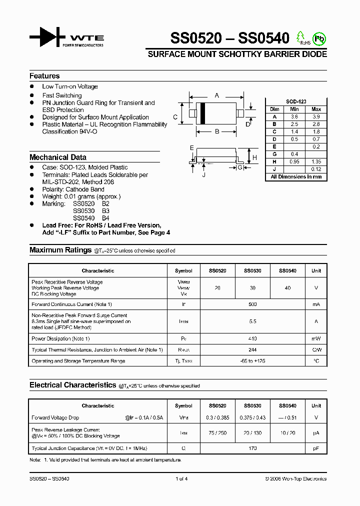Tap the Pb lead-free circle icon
point(318,38)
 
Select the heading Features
point(44,76)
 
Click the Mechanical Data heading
point(58,157)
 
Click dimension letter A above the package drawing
point(217,95)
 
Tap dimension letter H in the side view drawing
point(254,157)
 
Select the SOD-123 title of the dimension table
point(295,101)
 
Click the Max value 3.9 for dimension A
point(316,116)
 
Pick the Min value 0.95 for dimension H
point(294,161)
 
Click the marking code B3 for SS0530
point(105,211)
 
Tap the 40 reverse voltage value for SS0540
point(287,288)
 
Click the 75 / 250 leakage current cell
point(217,433)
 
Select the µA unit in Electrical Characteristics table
point(316,433)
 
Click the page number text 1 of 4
point(181,479)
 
